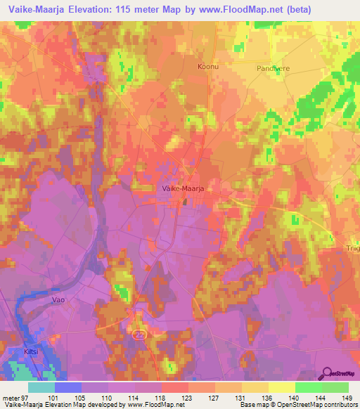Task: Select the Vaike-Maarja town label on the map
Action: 179,188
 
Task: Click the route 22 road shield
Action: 139,335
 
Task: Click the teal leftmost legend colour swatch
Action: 41,387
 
